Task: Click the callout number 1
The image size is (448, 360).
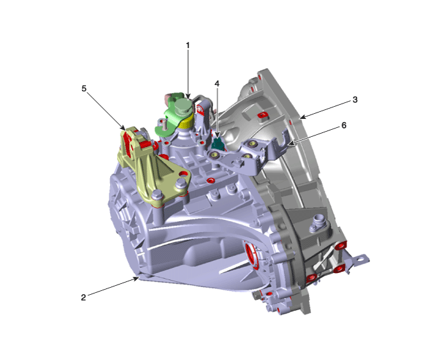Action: click(188, 45)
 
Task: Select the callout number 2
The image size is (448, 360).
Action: click(83, 297)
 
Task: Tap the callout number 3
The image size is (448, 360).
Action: click(355, 100)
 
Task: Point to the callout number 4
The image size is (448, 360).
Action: click(217, 84)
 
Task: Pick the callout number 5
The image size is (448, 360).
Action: click(84, 88)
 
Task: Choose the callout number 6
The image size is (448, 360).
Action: click(344, 125)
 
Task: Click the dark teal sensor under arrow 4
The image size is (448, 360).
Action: click(218, 143)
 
